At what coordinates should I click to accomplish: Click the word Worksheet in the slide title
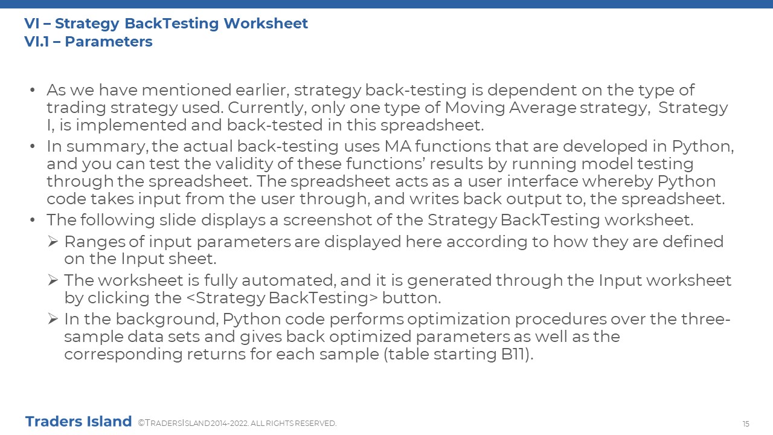coord(266,24)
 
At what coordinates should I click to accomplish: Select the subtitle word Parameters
coord(109,42)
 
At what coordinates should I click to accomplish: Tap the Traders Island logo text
coord(79,422)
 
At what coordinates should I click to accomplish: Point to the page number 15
coord(746,424)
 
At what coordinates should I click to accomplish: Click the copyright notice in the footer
coord(237,424)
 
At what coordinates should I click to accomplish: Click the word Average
coord(542,108)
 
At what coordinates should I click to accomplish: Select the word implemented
coord(131,125)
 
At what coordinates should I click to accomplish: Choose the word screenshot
coord(328,221)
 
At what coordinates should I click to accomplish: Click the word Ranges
coord(95,242)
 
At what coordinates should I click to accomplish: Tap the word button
coord(411,298)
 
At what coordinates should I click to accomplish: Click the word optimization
coord(458,320)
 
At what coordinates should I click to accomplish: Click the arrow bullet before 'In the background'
coord(53,318)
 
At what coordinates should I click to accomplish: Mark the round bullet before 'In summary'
coord(33,146)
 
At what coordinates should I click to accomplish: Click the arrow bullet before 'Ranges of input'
coord(53,241)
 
